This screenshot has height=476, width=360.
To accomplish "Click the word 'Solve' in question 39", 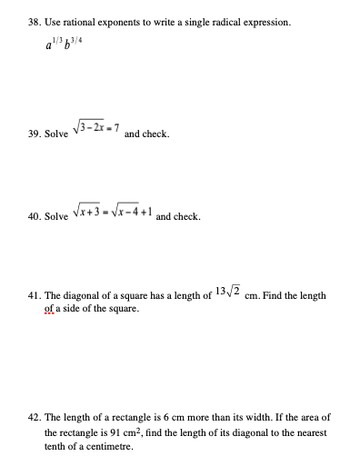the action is [x=56, y=134].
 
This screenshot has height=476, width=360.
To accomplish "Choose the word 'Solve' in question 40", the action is [x=56, y=218].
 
